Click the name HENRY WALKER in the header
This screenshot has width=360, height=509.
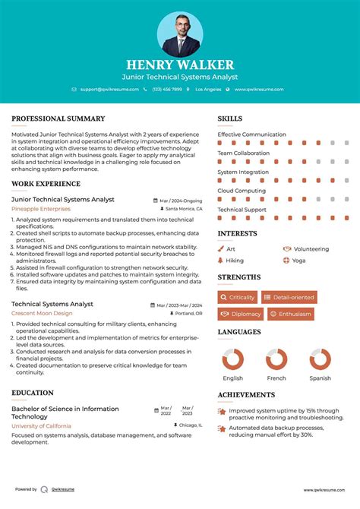(x=180, y=65)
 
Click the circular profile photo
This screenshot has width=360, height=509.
(x=180, y=33)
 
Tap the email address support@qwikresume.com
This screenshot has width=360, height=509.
(x=109, y=90)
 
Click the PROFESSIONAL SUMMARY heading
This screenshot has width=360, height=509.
(x=58, y=119)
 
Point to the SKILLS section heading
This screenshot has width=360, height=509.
(x=230, y=119)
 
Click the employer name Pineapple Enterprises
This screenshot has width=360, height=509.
(x=41, y=208)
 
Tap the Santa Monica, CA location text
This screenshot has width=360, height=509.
(x=184, y=208)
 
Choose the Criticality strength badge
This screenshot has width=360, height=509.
(x=238, y=297)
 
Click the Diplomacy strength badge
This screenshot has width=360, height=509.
(x=241, y=314)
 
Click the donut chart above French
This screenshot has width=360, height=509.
(x=276, y=359)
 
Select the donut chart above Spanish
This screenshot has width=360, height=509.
(x=320, y=359)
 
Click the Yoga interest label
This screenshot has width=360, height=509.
(x=298, y=261)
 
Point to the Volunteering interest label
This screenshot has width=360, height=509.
(x=311, y=248)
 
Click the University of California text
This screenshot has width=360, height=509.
(x=42, y=426)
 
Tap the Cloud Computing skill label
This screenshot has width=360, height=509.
(x=242, y=191)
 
